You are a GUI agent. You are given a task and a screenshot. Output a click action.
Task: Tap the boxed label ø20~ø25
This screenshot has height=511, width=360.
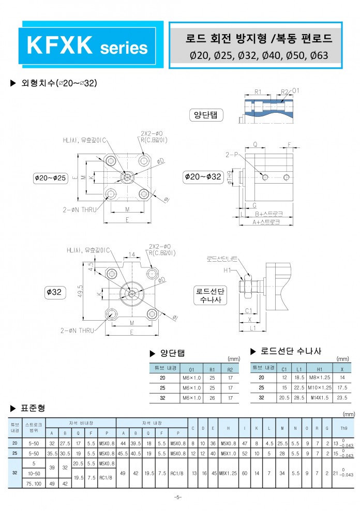click(51, 178)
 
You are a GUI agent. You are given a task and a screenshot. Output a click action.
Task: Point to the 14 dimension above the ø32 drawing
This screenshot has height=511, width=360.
click(132, 255)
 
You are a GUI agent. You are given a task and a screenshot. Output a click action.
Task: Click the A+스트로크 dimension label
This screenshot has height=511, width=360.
click(266, 221)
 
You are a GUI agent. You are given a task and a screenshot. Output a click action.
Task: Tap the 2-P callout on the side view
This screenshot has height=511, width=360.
click(231, 154)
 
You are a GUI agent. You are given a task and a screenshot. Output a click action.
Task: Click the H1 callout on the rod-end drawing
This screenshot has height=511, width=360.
click(227, 270)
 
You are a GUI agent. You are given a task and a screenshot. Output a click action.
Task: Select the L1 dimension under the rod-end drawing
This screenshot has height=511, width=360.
click(253, 328)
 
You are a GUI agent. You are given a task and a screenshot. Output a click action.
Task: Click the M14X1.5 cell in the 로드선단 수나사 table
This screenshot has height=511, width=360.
click(316, 397)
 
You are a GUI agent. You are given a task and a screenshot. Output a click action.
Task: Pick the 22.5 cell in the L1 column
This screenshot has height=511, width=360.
click(299, 387)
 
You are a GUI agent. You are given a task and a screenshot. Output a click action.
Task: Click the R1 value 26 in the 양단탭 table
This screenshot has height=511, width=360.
click(212, 398)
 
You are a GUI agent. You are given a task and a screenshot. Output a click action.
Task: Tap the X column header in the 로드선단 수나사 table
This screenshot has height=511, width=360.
click(342, 369)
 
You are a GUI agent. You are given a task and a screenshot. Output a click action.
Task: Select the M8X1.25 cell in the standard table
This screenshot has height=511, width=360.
click(227, 473)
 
